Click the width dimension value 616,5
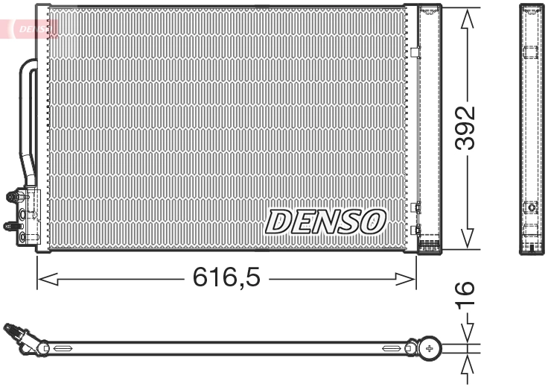[x=226, y=279]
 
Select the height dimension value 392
[x=466, y=128]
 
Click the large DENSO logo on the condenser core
[x=325, y=221]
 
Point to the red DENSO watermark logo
[x=34, y=28]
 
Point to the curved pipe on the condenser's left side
[x=28, y=119]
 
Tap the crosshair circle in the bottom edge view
[x=430, y=347]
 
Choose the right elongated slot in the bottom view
[x=392, y=347]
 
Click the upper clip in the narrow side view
[x=530, y=52]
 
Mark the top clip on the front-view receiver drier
[x=416, y=52]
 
